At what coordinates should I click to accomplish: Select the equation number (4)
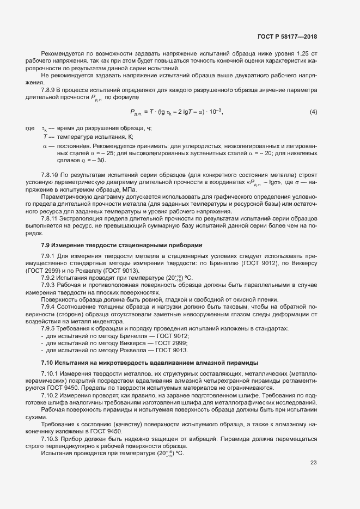tap(313, 112)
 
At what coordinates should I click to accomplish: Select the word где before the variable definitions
tap(30, 128)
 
